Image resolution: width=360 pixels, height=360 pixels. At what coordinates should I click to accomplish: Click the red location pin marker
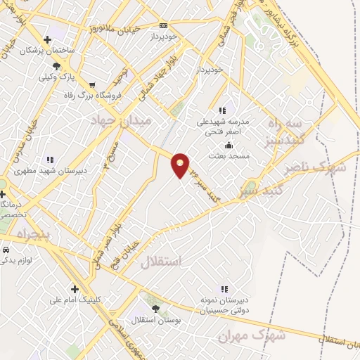[x=181, y=165]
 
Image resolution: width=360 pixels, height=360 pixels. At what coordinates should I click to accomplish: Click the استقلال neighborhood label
[x=161, y=262]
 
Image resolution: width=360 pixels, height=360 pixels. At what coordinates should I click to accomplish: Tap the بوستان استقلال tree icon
[x=155, y=308]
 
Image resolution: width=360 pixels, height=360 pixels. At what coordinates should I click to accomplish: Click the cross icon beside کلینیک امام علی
[x=75, y=288]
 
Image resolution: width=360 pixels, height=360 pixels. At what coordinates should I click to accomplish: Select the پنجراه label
[x=26, y=233]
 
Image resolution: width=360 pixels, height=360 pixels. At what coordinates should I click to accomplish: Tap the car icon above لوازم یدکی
[x=6, y=250]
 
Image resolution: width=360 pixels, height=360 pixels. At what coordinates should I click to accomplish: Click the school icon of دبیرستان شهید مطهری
[x=49, y=160]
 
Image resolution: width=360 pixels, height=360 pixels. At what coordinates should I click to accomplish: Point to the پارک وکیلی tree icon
[x=56, y=65]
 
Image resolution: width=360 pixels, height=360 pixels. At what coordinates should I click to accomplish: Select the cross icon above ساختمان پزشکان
[x=47, y=40]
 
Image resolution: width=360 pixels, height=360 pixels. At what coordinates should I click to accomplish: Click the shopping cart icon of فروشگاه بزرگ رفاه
[x=92, y=85]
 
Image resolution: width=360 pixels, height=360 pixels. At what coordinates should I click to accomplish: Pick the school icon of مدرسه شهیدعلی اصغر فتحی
[x=223, y=110]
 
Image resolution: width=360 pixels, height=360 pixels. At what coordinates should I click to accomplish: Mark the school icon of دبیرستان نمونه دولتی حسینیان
[x=224, y=289]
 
